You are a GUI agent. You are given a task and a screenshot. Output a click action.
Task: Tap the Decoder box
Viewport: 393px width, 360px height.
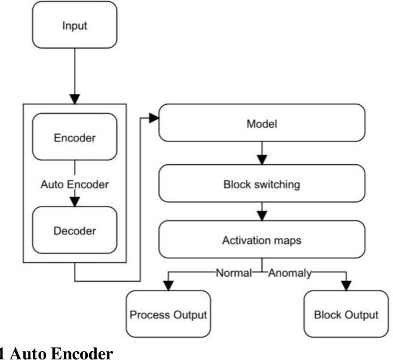click(x=75, y=231)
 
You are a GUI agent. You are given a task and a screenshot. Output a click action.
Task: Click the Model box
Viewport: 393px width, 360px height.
click(x=262, y=124)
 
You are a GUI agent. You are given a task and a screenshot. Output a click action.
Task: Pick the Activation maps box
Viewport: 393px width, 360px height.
click(x=262, y=241)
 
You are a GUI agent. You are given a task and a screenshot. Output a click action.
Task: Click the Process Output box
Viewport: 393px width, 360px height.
click(x=167, y=314)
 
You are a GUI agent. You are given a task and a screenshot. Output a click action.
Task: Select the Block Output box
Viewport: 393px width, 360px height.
click(x=346, y=314)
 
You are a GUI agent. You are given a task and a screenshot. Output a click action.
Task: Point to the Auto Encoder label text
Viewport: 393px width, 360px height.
click(x=75, y=185)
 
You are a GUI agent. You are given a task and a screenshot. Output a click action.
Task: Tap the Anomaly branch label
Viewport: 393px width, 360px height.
click(x=291, y=273)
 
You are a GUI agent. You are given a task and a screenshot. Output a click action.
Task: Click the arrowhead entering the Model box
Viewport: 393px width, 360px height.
click(x=154, y=117)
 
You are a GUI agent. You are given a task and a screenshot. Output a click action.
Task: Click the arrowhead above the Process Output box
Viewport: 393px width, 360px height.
click(x=167, y=285)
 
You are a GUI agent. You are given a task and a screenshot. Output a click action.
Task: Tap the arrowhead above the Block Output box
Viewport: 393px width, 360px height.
click(x=346, y=285)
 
